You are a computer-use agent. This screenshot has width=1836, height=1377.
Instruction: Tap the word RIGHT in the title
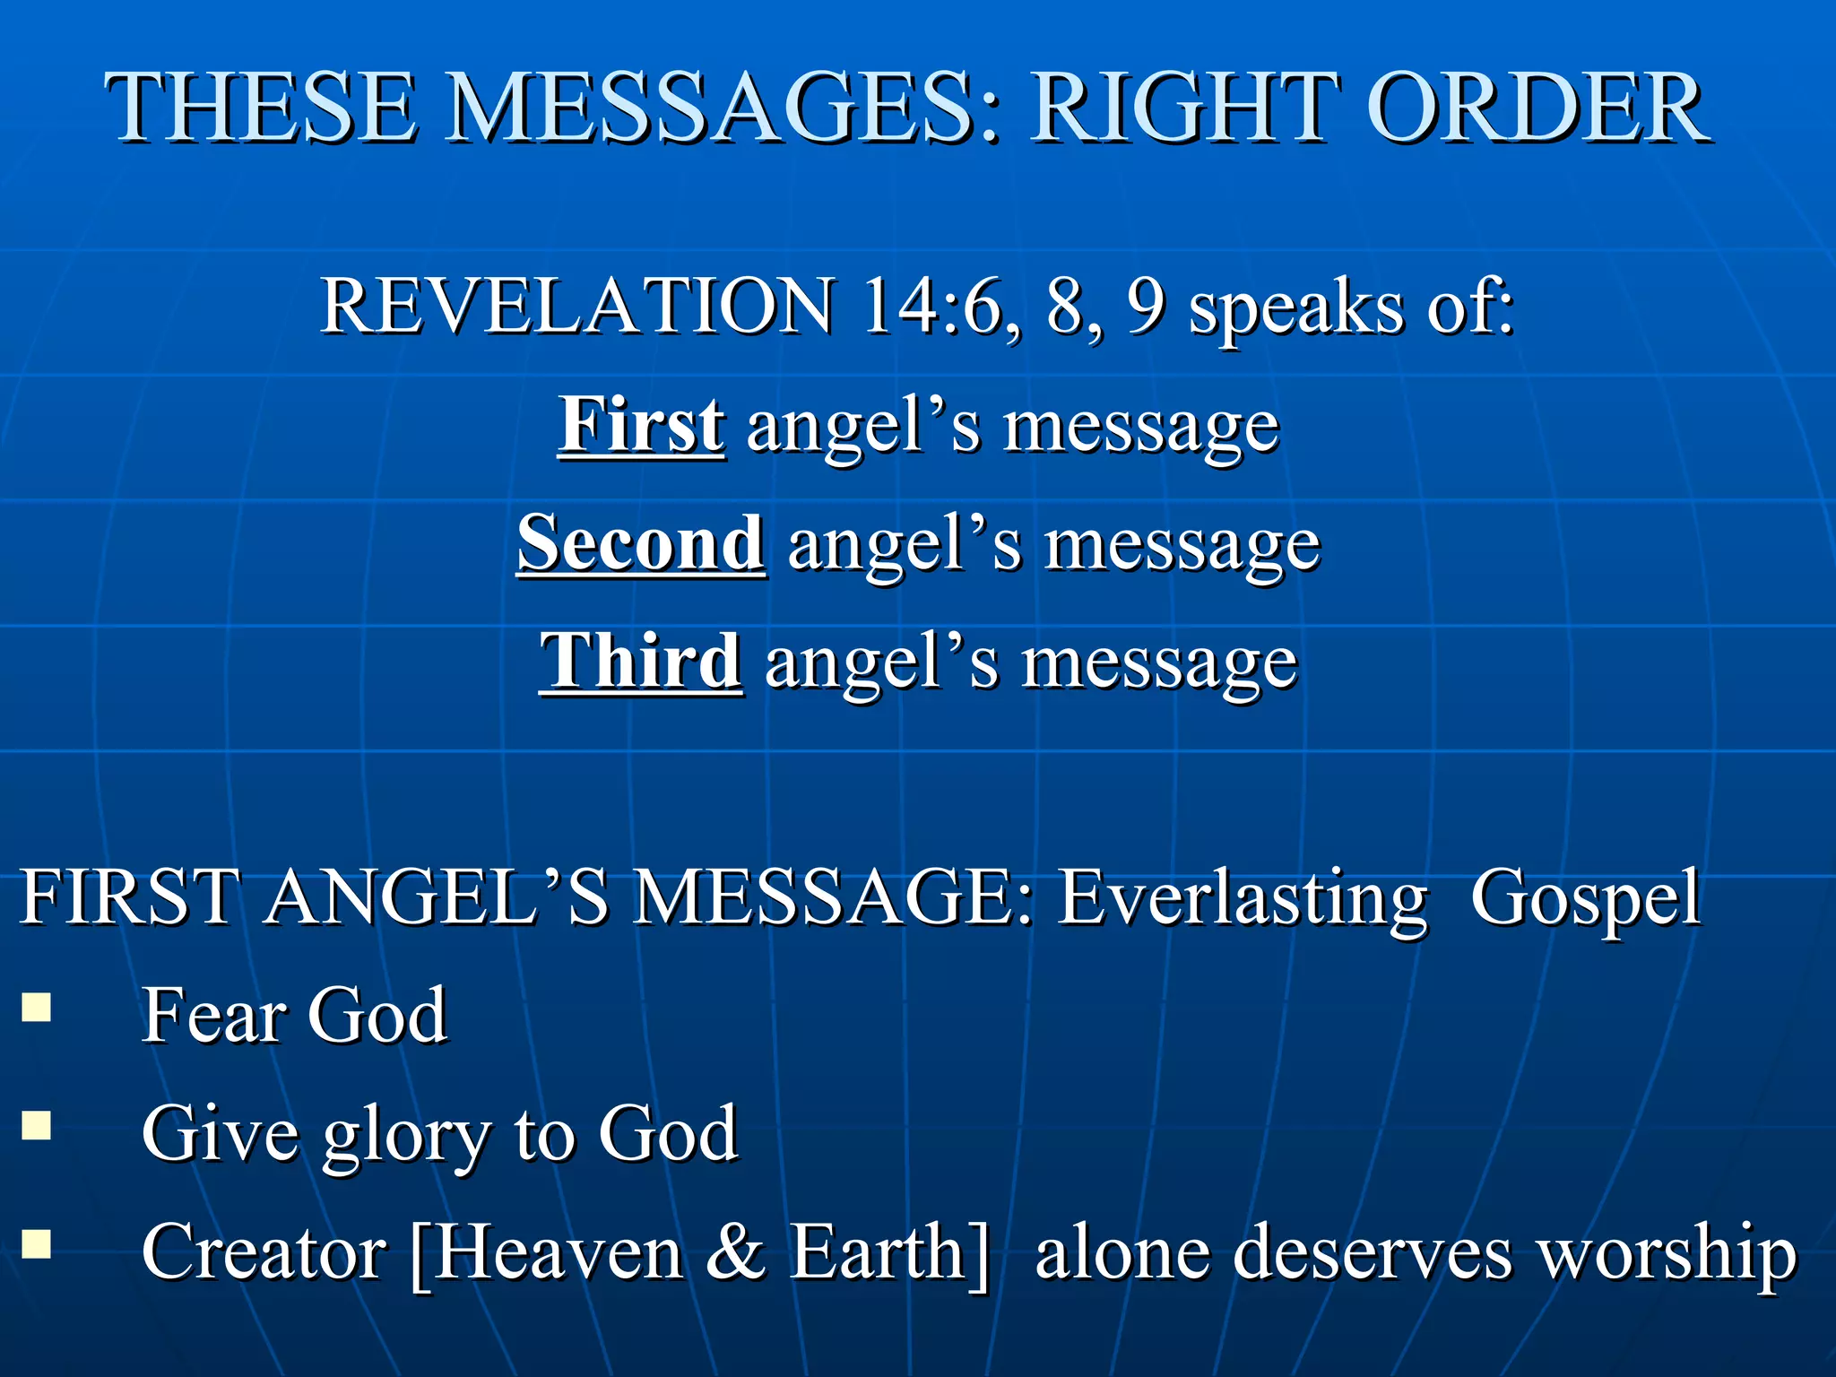pos(1185,109)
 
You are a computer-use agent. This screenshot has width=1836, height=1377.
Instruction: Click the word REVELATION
pos(577,307)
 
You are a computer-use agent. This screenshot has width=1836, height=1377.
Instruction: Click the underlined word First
pos(641,425)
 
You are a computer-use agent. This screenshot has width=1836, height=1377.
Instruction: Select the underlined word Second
pos(641,543)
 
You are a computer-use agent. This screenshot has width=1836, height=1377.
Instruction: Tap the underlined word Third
pos(641,662)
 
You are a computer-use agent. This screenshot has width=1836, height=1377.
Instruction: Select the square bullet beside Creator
pos(36,1243)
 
